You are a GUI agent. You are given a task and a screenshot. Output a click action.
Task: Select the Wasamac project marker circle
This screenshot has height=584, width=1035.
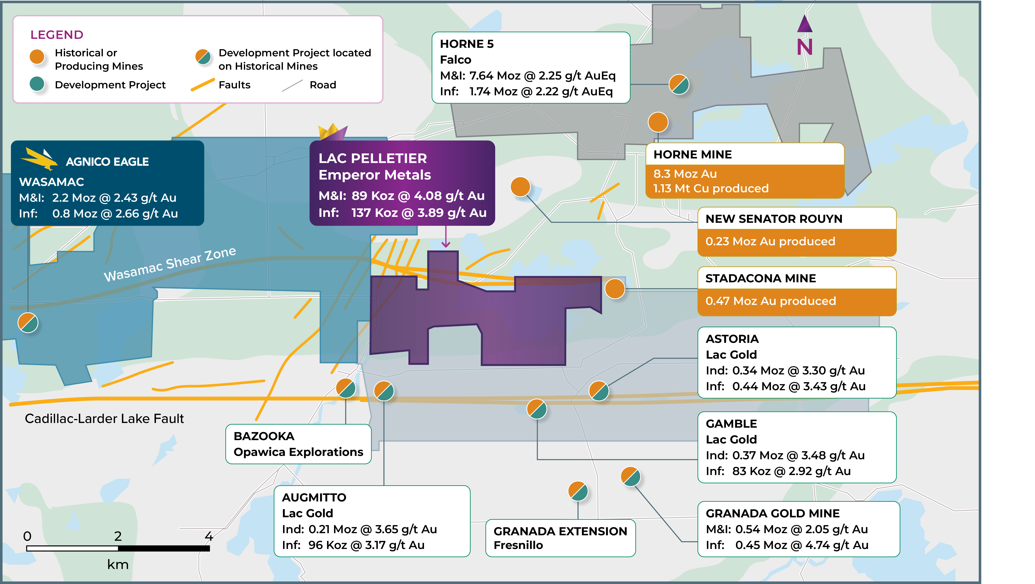tap(28, 323)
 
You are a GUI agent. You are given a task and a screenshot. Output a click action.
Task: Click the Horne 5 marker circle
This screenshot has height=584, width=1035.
tap(679, 84)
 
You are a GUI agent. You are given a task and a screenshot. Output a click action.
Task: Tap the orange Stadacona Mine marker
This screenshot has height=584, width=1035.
tap(615, 289)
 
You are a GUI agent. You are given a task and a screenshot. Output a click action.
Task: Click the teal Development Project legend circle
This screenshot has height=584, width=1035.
tap(37, 84)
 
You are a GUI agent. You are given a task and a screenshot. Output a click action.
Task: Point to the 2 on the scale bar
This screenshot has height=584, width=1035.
tap(118, 536)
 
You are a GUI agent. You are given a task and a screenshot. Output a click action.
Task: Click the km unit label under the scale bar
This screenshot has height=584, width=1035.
tap(118, 564)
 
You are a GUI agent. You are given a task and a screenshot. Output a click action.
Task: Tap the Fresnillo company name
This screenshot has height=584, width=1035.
tap(518, 545)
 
